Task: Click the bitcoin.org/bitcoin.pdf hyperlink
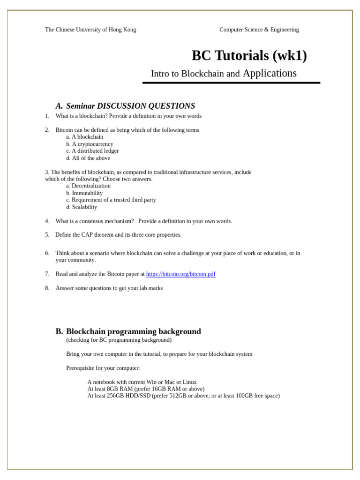180,274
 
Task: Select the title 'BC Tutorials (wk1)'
249,56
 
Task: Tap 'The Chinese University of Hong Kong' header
90,30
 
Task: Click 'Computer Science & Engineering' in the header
259,30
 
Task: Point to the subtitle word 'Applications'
270,73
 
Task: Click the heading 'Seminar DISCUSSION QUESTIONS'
130,106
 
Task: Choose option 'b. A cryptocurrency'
90,144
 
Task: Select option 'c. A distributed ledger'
92,151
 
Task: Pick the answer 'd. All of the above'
88,158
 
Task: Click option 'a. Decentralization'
88,186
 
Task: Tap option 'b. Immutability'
84,193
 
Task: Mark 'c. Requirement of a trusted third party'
111,200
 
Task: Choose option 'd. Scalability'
82,207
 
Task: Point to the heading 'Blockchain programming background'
133,331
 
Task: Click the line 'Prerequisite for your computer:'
103,368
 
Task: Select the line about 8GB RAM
146,389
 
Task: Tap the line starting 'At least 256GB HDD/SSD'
183,396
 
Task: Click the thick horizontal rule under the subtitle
231,83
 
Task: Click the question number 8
47,288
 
